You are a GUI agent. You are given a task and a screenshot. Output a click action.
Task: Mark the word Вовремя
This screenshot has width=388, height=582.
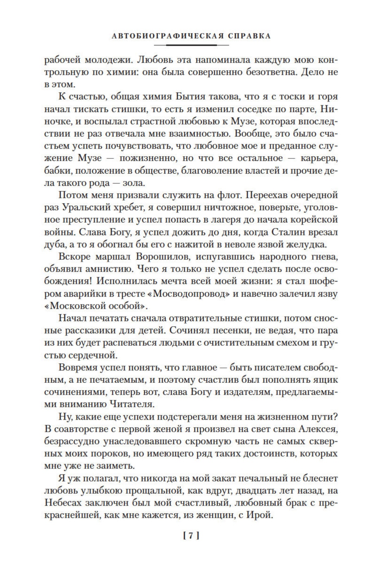79,367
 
